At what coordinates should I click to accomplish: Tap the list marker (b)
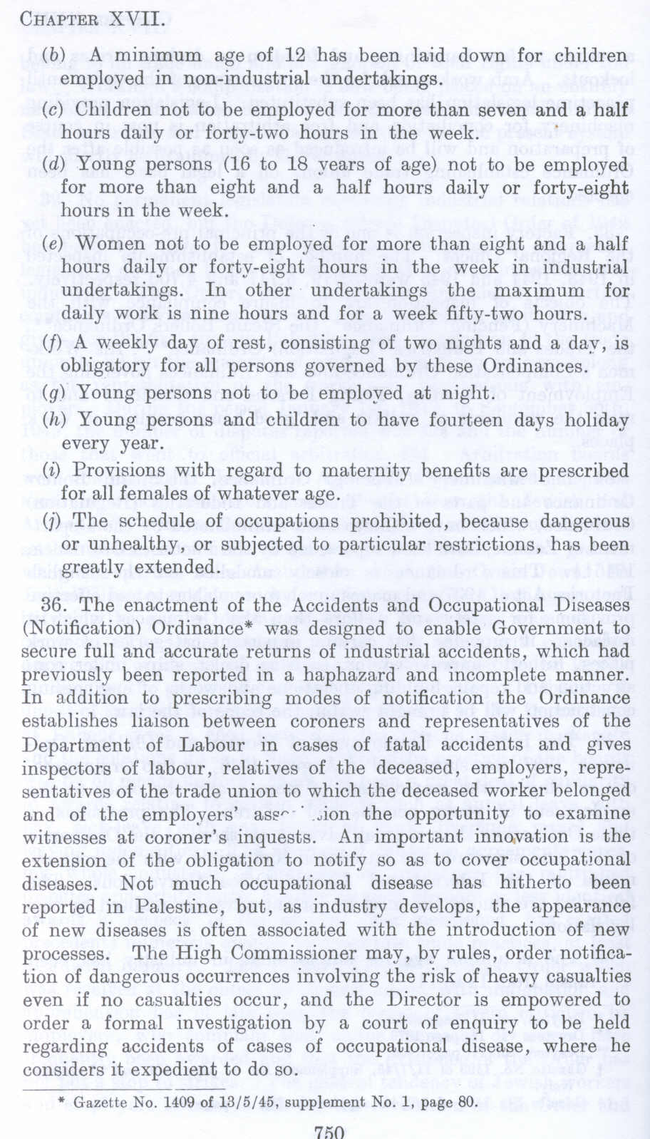[53, 55]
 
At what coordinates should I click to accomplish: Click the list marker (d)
[53, 165]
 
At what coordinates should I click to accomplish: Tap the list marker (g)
[53, 393]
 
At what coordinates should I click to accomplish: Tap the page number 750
[329, 1132]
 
